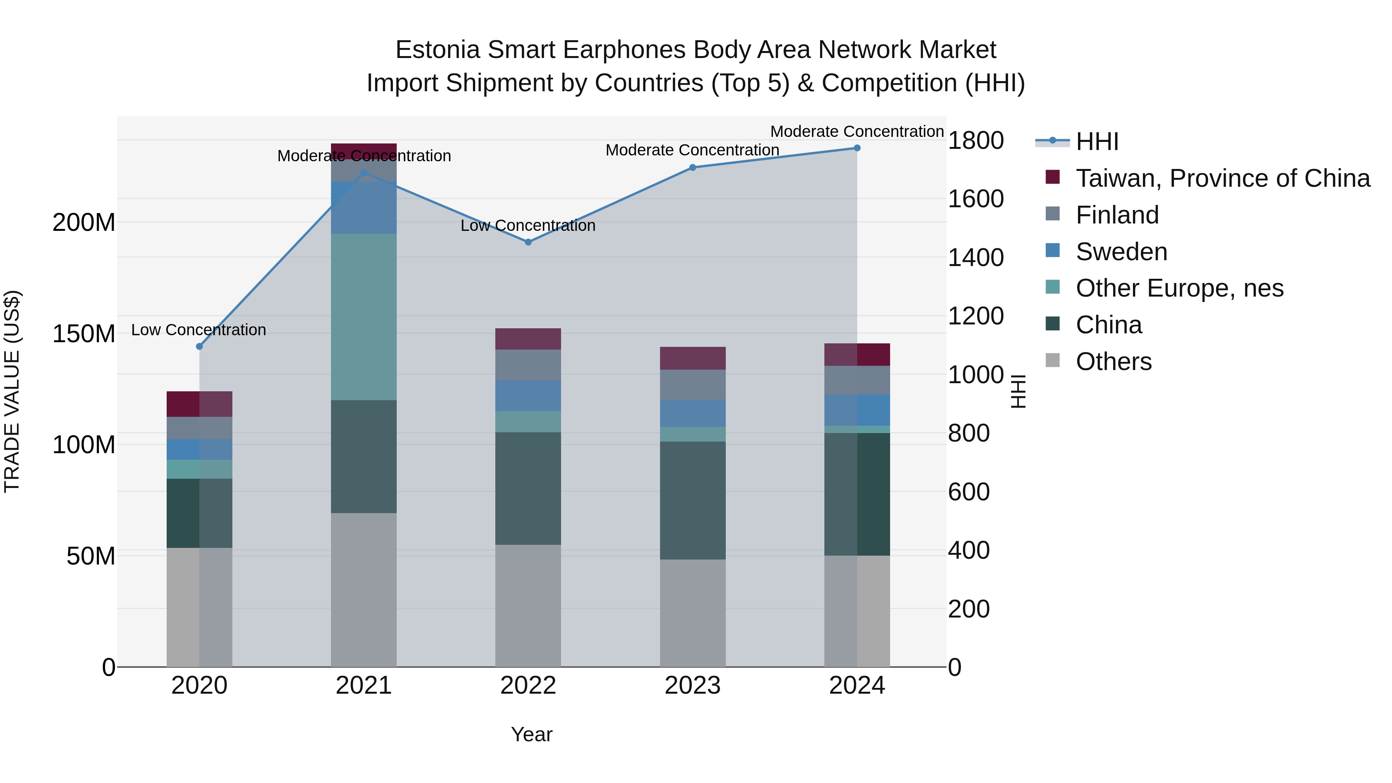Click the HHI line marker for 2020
pyautogui.click(x=200, y=346)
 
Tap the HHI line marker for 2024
pyautogui.click(x=857, y=148)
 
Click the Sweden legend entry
pyautogui.click(x=1121, y=252)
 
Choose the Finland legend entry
pyautogui.click(x=1117, y=215)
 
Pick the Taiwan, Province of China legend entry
pyautogui.click(x=1222, y=178)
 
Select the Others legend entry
pyautogui.click(x=1113, y=362)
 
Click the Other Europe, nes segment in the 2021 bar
pyautogui.click(x=364, y=317)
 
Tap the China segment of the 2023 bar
pyautogui.click(x=693, y=500)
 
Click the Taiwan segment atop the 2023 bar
pyautogui.click(x=693, y=358)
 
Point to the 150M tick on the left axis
pyautogui.click(x=84, y=334)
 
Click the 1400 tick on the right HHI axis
pyautogui.click(x=976, y=258)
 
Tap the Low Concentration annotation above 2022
pyautogui.click(x=528, y=225)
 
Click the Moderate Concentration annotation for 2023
pyautogui.click(x=692, y=150)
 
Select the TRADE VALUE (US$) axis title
pyautogui.click(x=12, y=391)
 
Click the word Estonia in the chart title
pyautogui.click(x=438, y=50)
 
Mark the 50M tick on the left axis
pyautogui.click(x=91, y=556)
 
